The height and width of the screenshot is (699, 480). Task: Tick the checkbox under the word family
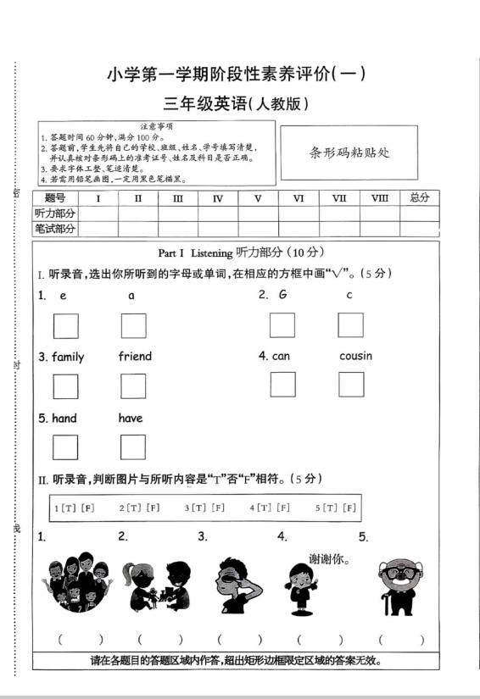(66, 386)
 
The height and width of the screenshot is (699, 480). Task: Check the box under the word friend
(133, 386)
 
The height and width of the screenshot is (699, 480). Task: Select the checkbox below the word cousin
(351, 384)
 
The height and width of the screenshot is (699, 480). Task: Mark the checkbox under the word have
(133, 447)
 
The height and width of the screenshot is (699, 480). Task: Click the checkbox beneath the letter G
(282, 325)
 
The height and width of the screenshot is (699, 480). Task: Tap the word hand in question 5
(64, 418)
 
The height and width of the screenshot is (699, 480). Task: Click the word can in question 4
(280, 356)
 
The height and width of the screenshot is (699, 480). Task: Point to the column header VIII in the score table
(379, 198)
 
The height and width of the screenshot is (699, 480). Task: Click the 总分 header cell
(419, 198)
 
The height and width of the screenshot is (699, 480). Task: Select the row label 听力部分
(54, 214)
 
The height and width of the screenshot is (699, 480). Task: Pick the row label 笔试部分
(54, 229)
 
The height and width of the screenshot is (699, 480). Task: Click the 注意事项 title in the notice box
(157, 126)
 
